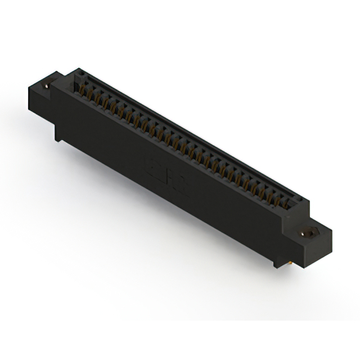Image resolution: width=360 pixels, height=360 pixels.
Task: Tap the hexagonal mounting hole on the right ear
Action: click(x=308, y=231)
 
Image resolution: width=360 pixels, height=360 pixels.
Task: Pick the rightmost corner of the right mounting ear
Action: click(x=332, y=231)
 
